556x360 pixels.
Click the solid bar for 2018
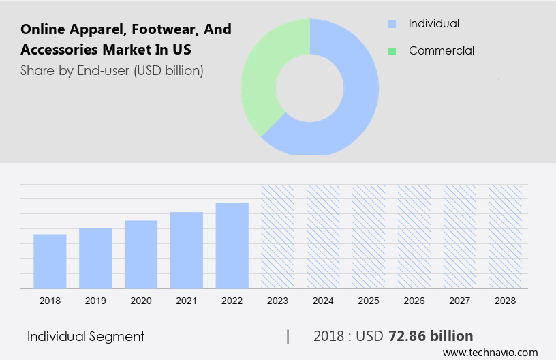pos(50,261)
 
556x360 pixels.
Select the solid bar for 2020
pos(141,254)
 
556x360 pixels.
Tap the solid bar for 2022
pos(232,245)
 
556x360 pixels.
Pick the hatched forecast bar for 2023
pos(278,237)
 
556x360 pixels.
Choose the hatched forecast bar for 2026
pos(414,237)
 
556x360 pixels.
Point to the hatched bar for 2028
pos(506,237)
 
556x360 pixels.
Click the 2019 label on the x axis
pos(95,301)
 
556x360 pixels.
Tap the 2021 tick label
pos(187,301)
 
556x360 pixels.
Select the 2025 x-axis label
pos(369,301)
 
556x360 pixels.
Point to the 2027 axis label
pos(460,301)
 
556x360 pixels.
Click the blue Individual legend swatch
pos(392,24)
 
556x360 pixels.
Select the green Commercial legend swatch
pos(392,51)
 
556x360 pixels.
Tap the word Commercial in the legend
pos(441,50)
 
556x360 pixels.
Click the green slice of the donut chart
pos(262,75)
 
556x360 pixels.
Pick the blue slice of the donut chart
pos(354,102)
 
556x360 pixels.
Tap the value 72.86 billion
pos(431,336)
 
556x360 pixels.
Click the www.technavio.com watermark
pos(490,352)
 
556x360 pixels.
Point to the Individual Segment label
pos(86,336)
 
